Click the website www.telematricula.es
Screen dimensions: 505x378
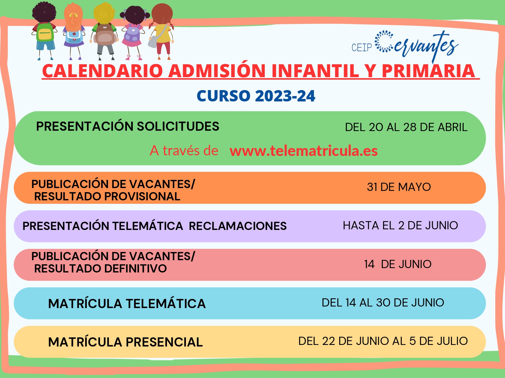[303, 151]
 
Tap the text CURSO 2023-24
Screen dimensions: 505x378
[256, 96]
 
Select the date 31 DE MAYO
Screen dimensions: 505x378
[399, 187]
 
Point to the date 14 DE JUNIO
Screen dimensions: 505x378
[398, 264]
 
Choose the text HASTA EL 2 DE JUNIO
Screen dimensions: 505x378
[400, 225]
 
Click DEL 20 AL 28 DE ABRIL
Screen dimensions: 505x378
[406, 127]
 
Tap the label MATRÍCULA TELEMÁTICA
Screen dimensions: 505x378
[127, 303]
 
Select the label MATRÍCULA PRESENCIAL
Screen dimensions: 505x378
[125, 342]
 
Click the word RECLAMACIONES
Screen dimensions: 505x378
[238, 226]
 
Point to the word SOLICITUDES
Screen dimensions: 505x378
[178, 126]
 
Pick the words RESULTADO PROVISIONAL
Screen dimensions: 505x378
[107, 197]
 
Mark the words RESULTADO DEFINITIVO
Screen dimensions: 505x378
[101, 268]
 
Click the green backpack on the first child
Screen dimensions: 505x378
[45, 32]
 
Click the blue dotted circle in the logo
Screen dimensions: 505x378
[384, 41]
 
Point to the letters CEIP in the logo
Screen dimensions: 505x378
[362, 48]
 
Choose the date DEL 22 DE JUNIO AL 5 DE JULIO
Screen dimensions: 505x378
[383, 341]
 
